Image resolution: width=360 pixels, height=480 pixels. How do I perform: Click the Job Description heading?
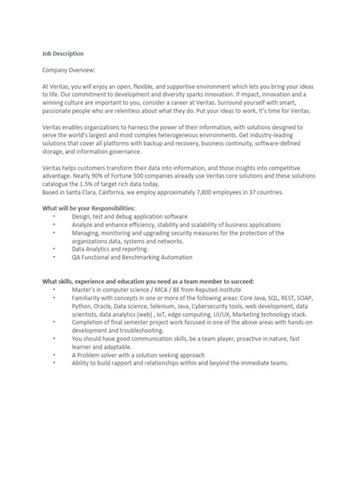[62, 54]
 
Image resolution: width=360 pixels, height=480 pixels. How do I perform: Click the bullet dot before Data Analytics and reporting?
[54, 248]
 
